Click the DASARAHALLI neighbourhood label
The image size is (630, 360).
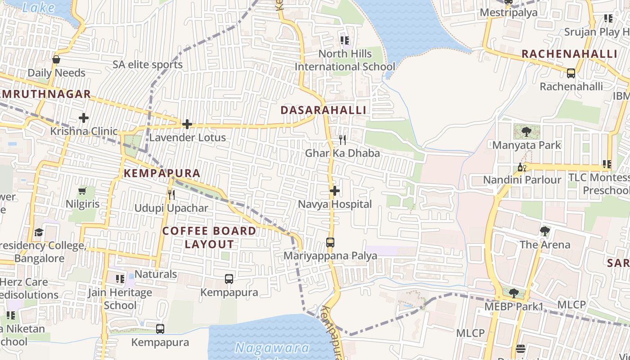click(x=323, y=110)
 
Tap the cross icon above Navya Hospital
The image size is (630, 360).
click(x=334, y=191)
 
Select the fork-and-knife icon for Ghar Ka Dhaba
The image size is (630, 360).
click(x=342, y=140)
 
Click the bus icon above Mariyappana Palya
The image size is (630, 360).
click(x=330, y=243)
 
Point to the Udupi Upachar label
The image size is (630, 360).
click(x=171, y=208)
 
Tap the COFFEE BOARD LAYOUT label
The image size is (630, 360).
click(x=209, y=238)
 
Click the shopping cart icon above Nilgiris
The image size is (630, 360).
click(x=82, y=191)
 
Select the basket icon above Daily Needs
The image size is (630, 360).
click(x=56, y=59)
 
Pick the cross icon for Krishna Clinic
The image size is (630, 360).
click(x=83, y=118)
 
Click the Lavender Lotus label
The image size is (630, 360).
click(x=187, y=137)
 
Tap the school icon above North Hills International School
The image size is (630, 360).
click(x=345, y=40)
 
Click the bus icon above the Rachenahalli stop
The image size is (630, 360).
click(x=571, y=73)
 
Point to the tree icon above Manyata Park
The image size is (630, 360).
click(x=526, y=132)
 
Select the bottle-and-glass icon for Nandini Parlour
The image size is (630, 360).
click(x=522, y=167)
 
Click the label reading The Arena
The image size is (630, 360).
click(x=544, y=245)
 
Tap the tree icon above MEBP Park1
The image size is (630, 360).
click(x=513, y=293)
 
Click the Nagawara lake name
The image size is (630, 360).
click(x=272, y=348)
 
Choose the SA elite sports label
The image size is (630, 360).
click(x=148, y=64)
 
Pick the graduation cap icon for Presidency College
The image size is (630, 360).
click(x=39, y=232)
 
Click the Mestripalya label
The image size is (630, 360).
click(x=508, y=12)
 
